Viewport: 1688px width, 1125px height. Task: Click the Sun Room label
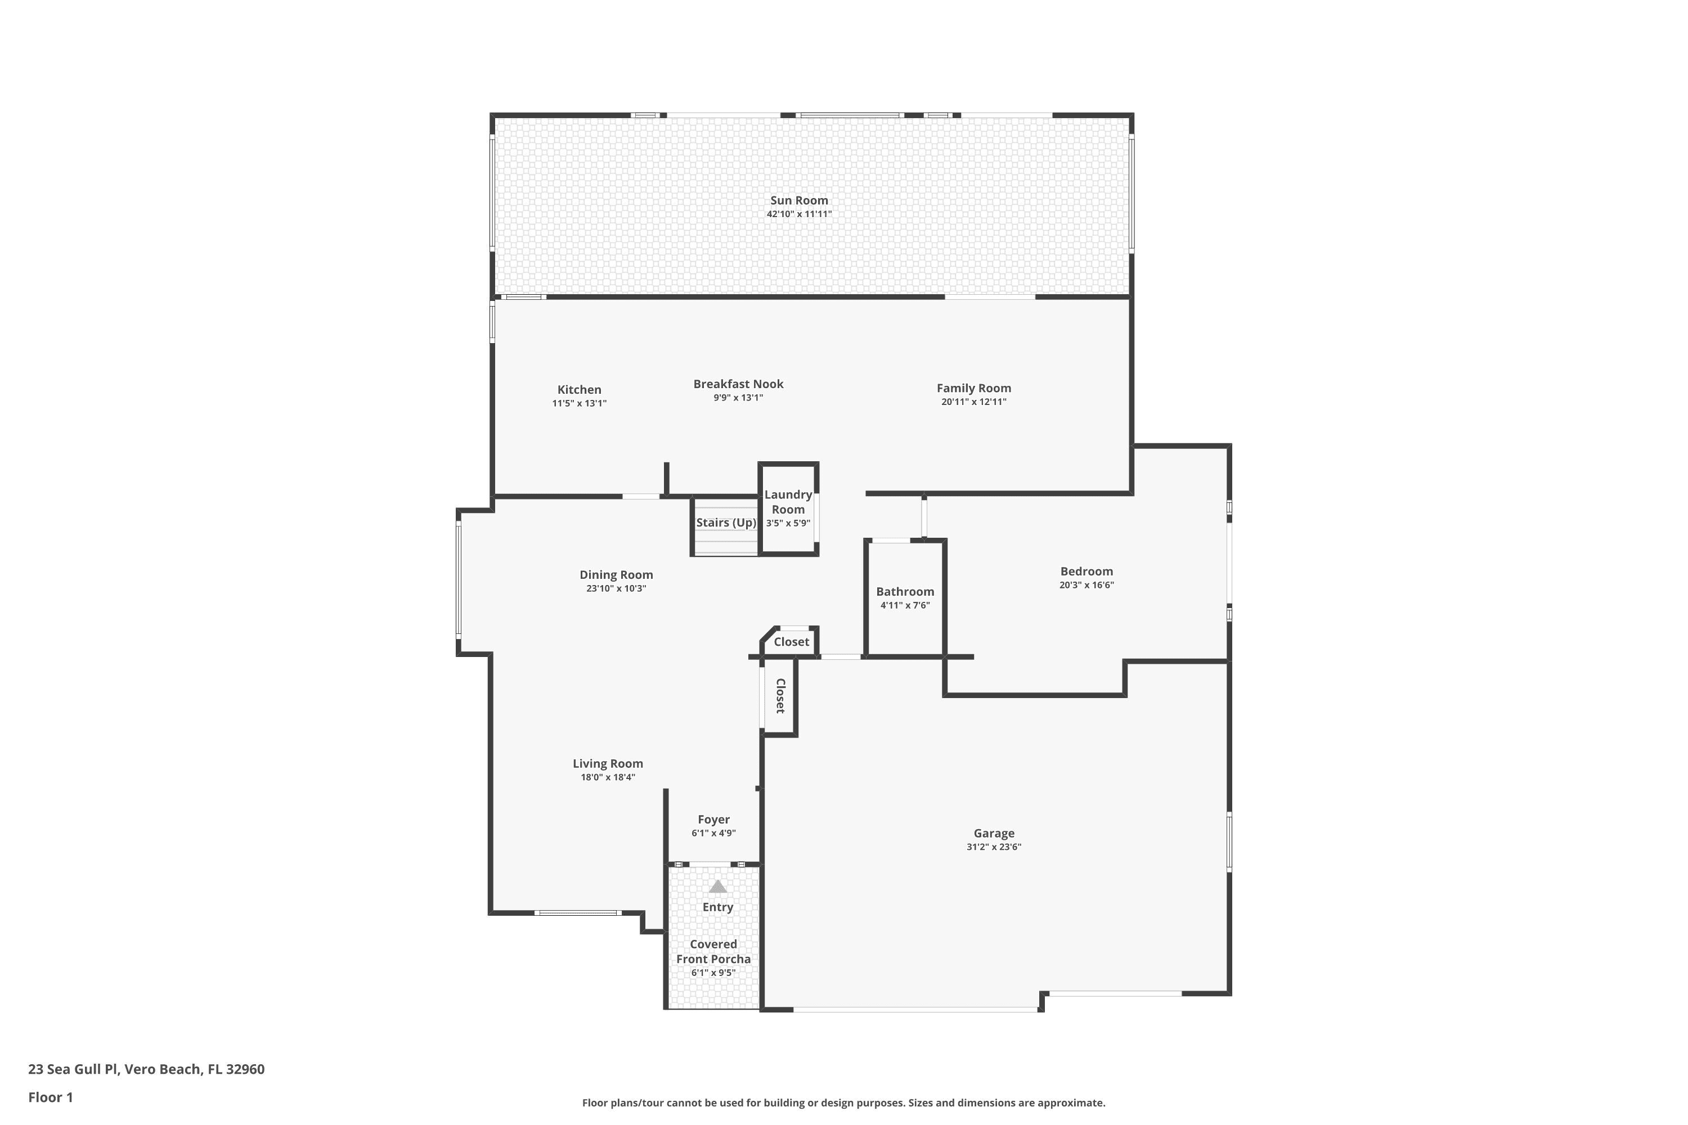pyautogui.click(x=799, y=201)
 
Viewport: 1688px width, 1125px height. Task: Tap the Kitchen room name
pyautogui.click(x=579, y=390)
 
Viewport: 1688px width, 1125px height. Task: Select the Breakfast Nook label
pyautogui.click(x=738, y=384)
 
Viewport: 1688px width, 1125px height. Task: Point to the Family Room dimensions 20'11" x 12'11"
pyautogui.click(x=973, y=402)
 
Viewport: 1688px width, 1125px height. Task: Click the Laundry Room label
pyautogui.click(x=788, y=502)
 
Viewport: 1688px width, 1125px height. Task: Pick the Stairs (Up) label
pyautogui.click(x=726, y=523)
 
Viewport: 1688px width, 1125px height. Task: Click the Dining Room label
pyautogui.click(x=616, y=575)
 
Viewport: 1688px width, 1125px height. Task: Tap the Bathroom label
pyautogui.click(x=905, y=591)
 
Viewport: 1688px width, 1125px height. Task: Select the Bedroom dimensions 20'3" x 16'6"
pyautogui.click(x=1087, y=585)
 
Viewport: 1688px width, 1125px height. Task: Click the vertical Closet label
pyautogui.click(x=780, y=696)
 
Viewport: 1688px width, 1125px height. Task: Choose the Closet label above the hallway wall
pyautogui.click(x=791, y=641)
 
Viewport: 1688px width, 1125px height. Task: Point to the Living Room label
pyautogui.click(x=607, y=763)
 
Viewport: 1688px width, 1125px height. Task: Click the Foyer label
pyautogui.click(x=713, y=820)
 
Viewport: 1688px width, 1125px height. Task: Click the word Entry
pyautogui.click(x=718, y=907)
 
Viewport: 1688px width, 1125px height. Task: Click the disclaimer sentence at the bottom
pyautogui.click(x=843, y=1102)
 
